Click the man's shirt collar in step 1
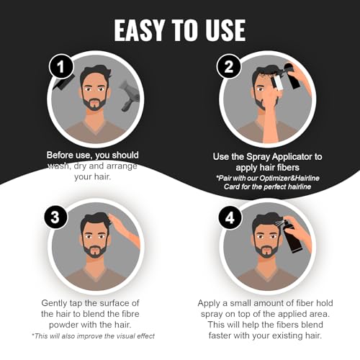click(x=94, y=124)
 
